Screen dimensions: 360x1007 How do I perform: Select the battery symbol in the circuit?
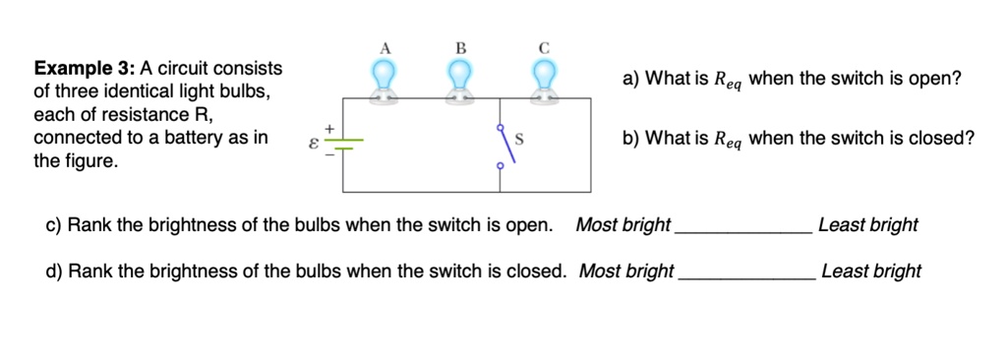[x=343, y=145]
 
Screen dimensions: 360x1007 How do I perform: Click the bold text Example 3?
[x=85, y=68]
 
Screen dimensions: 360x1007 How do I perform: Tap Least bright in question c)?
[x=867, y=225]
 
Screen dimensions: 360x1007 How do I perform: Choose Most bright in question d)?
[x=626, y=270]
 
